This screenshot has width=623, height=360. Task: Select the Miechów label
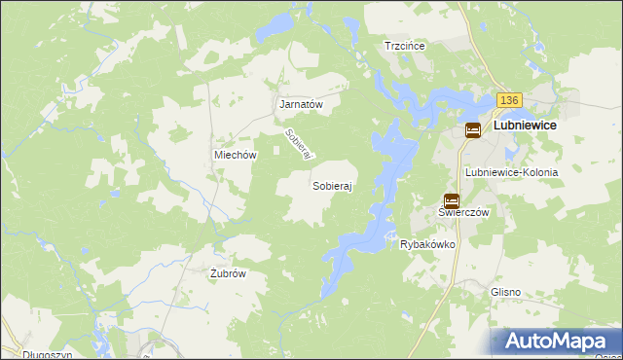click(235, 155)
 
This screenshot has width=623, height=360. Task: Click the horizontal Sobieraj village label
click(332, 184)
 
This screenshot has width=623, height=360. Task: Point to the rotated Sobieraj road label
click(298, 146)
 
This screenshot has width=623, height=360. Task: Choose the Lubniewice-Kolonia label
click(512, 172)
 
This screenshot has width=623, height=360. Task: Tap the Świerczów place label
click(462, 212)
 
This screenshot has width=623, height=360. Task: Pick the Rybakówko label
click(428, 245)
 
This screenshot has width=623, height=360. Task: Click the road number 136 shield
click(509, 100)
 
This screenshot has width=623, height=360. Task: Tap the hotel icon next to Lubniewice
click(472, 129)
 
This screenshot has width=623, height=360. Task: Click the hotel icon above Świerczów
click(451, 199)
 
